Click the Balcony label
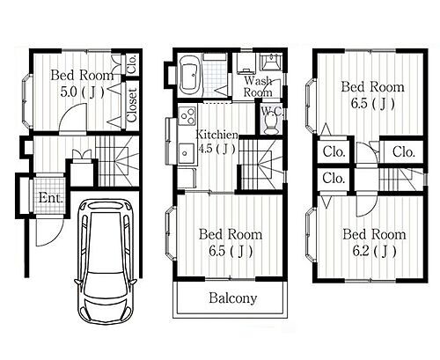[x=233, y=298]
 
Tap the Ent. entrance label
[x=50, y=198]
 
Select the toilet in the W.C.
[x=271, y=124]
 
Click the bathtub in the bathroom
[x=190, y=76]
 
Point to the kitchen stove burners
[x=187, y=115]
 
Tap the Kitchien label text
[x=216, y=135]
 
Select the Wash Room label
[x=258, y=86]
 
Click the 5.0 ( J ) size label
[x=82, y=92]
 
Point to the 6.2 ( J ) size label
[x=374, y=251]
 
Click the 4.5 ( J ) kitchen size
[x=217, y=149]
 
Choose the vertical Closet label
[x=132, y=105]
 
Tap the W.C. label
[x=272, y=111]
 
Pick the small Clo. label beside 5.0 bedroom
[x=132, y=64]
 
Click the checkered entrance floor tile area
[x=49, y=195]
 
